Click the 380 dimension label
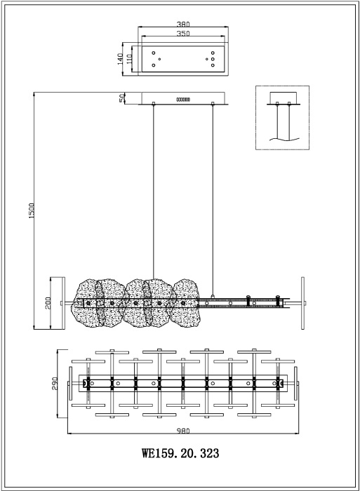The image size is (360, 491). click(183, 24)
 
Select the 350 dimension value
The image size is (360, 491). click(183, 34)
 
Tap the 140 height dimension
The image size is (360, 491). click(120, 59)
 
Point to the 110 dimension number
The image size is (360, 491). click(129, 59)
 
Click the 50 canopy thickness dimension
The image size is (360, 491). click(122, 98)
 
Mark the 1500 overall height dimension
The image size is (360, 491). click(32, 210)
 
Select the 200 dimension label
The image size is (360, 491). click(48, 303)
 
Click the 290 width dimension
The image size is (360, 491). click(55, 383)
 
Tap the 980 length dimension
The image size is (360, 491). click(183, 431)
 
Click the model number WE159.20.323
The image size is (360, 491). click(180, 453)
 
